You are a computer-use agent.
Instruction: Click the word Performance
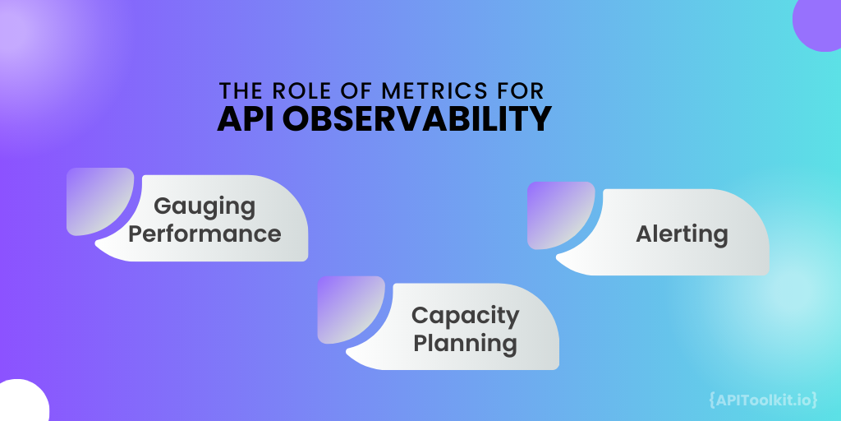click(x=205, y=233)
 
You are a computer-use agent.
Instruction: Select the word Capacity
click(x=465, y=315)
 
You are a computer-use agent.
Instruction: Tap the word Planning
click(x=465, y=342)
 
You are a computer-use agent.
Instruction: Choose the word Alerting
click(x=682, y=234)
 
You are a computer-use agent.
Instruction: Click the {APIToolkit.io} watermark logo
click(x=762, y=400)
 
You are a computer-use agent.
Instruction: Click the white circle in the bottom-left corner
click(x=20, y=403)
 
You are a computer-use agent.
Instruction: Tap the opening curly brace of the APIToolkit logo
click(x=711, y=400)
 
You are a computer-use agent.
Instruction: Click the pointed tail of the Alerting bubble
click(x=563, y=261)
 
